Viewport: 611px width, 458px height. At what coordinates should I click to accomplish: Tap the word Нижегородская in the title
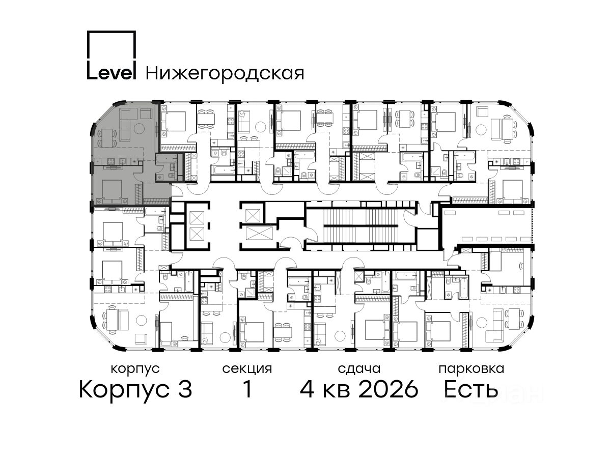point(225,73)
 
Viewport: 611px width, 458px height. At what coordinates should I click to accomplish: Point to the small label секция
point(247,369)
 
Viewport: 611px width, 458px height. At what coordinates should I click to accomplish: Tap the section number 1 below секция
point(247,390)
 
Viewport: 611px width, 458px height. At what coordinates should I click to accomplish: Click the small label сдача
point(359,369)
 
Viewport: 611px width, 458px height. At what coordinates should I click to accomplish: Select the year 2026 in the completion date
point(388,390)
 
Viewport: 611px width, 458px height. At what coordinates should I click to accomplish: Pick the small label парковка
point(471,369)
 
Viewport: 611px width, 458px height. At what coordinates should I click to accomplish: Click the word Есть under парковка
point(470,390)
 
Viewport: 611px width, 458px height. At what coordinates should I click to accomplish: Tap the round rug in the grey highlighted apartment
point(139,128)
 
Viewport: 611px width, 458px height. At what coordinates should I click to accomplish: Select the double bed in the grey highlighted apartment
point(112,191)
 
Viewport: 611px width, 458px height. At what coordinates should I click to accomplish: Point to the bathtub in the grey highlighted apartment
point(166,159)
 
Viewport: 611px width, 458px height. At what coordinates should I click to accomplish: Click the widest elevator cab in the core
point(260,233)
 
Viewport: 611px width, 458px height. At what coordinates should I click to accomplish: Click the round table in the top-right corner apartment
point(481,130)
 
